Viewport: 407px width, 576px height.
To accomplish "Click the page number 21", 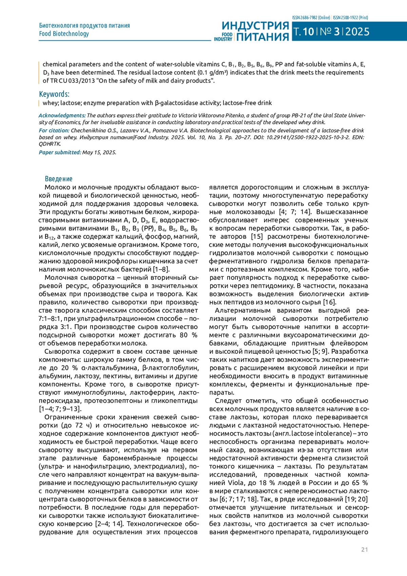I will tap(364, 550).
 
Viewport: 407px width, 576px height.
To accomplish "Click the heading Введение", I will tap(59, 179).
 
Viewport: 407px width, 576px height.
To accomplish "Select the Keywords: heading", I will tap(54, 94).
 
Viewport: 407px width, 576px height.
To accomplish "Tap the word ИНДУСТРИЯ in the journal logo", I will tap(255, 26).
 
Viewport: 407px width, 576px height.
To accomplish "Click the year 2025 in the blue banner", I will tap(357, 32).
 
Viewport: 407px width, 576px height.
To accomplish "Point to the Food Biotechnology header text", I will tap(64, 34).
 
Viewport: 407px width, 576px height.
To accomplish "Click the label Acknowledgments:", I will tap(62, 115).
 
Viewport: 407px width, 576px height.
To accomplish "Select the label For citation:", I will tap(54, 130).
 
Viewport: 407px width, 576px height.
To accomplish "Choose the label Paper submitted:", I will tap(60, 152).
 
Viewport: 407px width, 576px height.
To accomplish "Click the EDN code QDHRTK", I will tap(50, 144).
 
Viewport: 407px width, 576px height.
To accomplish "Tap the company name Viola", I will tap(235, 483).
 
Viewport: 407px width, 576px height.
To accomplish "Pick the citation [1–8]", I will tap(161, 269).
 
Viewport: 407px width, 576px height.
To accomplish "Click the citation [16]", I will tap(329, 302).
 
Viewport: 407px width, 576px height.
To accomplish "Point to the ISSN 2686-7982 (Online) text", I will tap(311, 18).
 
